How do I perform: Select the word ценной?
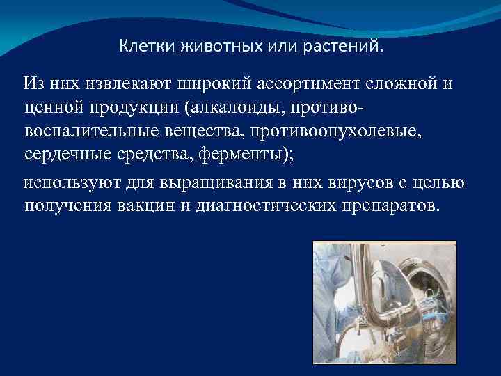pos(53,108)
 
